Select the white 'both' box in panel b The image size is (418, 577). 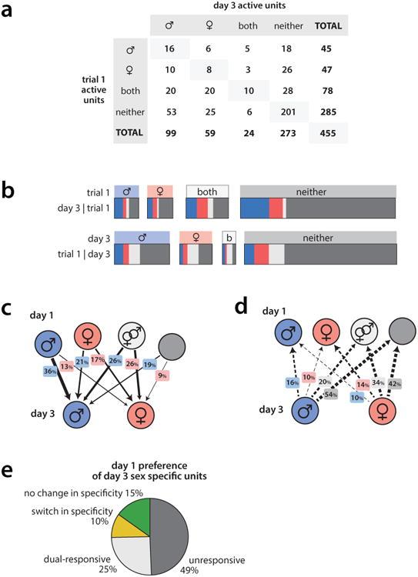[x=207, y=191]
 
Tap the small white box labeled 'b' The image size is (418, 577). [x=229, y=238]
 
